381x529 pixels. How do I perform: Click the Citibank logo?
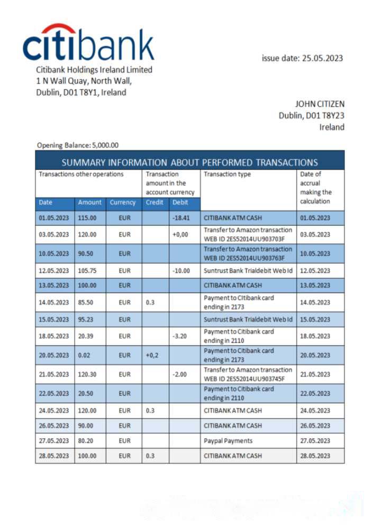pos(88,42)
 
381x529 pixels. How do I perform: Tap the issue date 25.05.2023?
pos(302,58)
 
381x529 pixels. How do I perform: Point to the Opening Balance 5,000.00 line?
pos(78,145)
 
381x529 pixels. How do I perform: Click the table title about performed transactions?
pos(189,162)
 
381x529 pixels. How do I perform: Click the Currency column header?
pos(123,203)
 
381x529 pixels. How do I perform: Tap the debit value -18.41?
pos(181,217)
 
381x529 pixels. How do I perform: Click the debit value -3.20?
pos(181,336)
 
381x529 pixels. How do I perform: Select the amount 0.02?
pos(85,355)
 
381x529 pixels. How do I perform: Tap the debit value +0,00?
pos(180,234)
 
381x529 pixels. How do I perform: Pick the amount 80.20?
pos(87,441)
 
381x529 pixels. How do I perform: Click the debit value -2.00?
pos(181,374)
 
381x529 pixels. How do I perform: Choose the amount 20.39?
pos(87,336)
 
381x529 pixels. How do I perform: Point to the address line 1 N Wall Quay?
pos(84,81)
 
